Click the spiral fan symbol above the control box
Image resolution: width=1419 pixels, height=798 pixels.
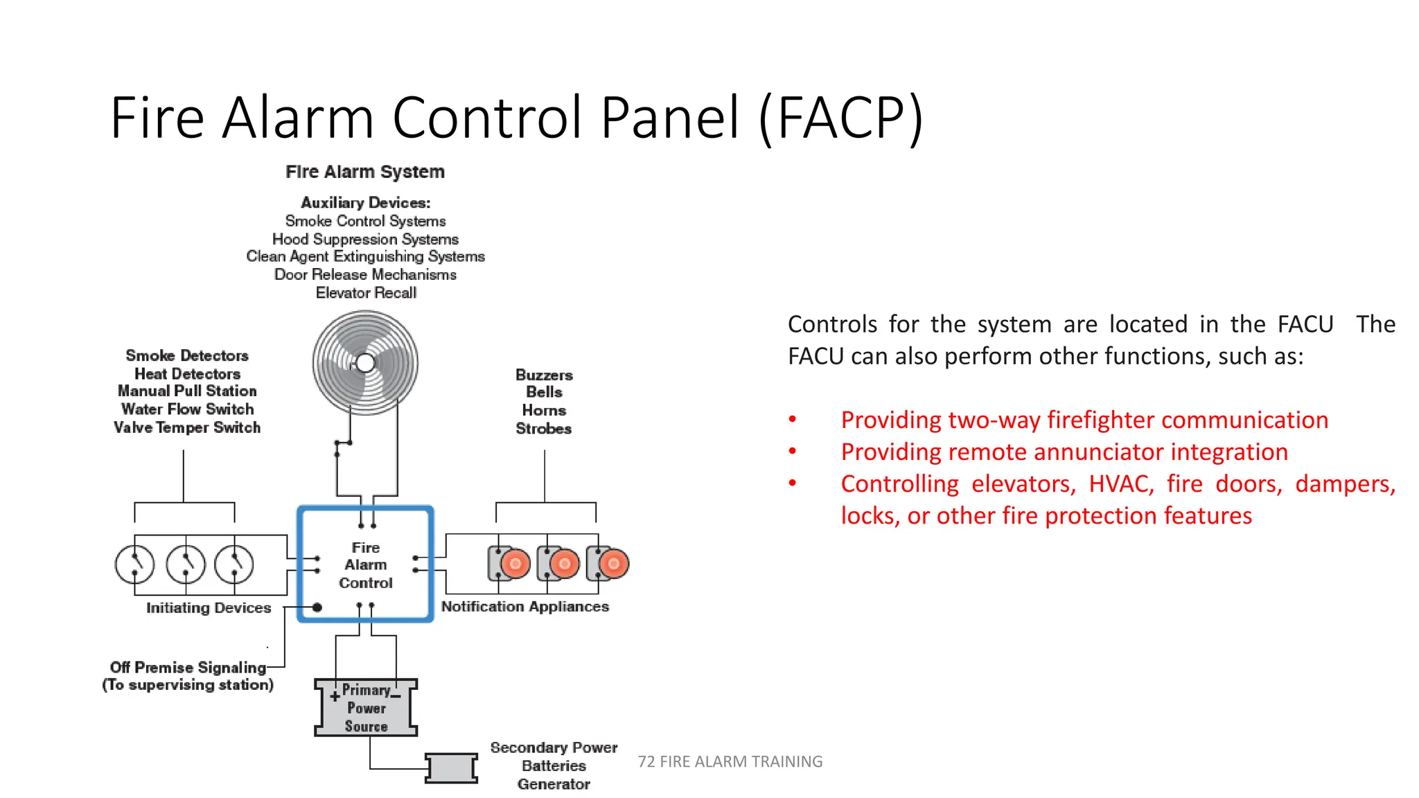[365, 362]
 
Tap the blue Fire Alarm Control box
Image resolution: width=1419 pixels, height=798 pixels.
[365, 565]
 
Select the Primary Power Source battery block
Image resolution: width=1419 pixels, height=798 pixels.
[366, 707]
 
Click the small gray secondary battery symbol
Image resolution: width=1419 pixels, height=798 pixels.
[451, 768]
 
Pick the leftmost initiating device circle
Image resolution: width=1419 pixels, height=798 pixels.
[134, 565]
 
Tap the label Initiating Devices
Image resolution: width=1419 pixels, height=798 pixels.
[209, 608]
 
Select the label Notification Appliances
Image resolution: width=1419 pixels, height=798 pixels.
[525, 607]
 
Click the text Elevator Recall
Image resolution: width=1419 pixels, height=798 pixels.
[366, 293]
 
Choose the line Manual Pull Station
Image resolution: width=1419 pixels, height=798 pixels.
[187, 391]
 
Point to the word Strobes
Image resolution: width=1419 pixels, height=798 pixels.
[543, 429]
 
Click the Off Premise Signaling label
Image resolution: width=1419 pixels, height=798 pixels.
[188, 668]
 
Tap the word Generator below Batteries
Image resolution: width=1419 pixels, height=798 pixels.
[554, 784]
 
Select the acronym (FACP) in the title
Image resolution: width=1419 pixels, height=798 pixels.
[840, 118]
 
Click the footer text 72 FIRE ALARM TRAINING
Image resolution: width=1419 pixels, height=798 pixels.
[730, 761]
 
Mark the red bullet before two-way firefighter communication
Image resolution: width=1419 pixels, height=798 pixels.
[793, 420]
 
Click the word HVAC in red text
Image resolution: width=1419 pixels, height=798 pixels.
[1120, 484]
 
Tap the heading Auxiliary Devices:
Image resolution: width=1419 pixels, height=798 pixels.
[366, 203]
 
